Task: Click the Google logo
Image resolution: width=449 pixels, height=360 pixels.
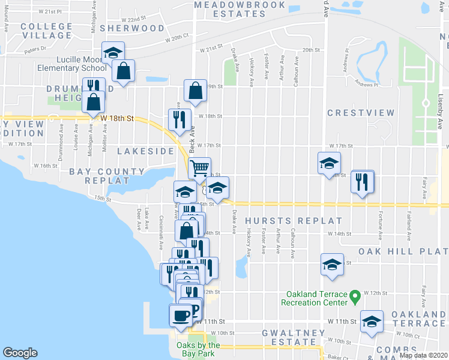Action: pyautogui.click(x=20, y=353)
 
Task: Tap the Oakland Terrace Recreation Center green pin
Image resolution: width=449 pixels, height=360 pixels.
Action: pyautogui.click(x=355, y=295)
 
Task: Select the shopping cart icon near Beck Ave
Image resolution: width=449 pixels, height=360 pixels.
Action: pyautogui.click(x=199, y=167)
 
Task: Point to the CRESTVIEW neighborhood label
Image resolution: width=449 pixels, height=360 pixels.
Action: pyautogui.click(x=361, y=113)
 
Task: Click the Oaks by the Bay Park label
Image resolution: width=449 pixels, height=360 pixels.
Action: pyautogui.click(x=198, y=349)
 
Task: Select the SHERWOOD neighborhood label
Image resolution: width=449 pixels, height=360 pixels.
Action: pyautogui.click(x=132, y=28)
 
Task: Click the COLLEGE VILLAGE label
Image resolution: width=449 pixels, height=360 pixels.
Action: pyautogui.click(x=46, y=31)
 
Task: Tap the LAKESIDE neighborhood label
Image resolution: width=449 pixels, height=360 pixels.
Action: pyautogui.click(x=145, y=151)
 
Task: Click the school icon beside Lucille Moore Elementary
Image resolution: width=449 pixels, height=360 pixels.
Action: pyautogui.click(x=113, y=53)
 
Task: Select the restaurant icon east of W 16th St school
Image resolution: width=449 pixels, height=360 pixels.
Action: pyautogui.click(x=362, y=181)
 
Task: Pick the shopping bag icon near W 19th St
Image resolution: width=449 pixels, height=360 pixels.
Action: pyautogui.click(x=196, y=91)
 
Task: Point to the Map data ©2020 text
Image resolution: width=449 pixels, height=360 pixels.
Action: pyautogui.click(x=423, y=355)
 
